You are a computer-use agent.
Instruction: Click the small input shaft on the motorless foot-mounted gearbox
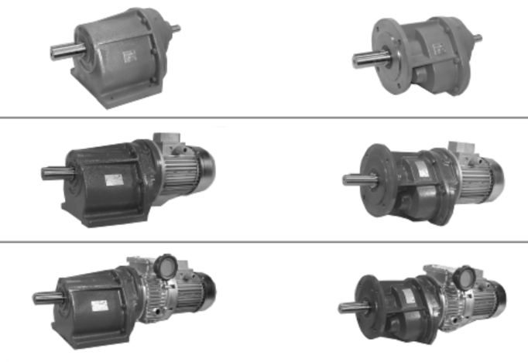(175, 29)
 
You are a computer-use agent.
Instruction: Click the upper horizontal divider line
(264, 118)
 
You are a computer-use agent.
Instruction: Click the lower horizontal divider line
(264, 241)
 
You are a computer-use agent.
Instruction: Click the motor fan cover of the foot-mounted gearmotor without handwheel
(204, 165)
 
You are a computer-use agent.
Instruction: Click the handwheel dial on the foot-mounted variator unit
(165, 266)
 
